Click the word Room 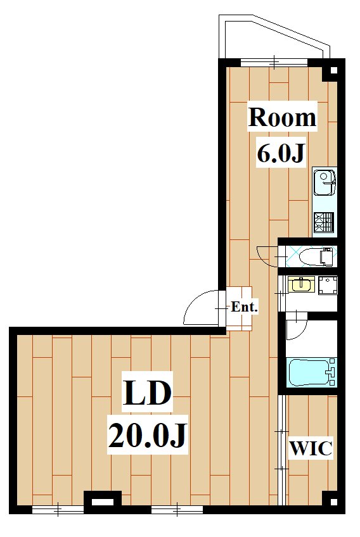(x=282, y=118)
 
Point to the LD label (x=148, y=395)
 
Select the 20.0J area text (x=148, y=435)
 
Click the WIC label (x=311, y=448)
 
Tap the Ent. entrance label (x=244, y=306)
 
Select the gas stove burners (x=323, y=222)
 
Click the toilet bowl (x=316, y=256)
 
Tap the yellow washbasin (x=300, y=284)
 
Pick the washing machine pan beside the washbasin (x=328, y=285)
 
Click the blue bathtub (x=311, y=372)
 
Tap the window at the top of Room (x=274, y=63)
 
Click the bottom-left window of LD (x=58, y=510)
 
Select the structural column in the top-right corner (x=333, y=70)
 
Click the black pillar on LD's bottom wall (x=103, y=502)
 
